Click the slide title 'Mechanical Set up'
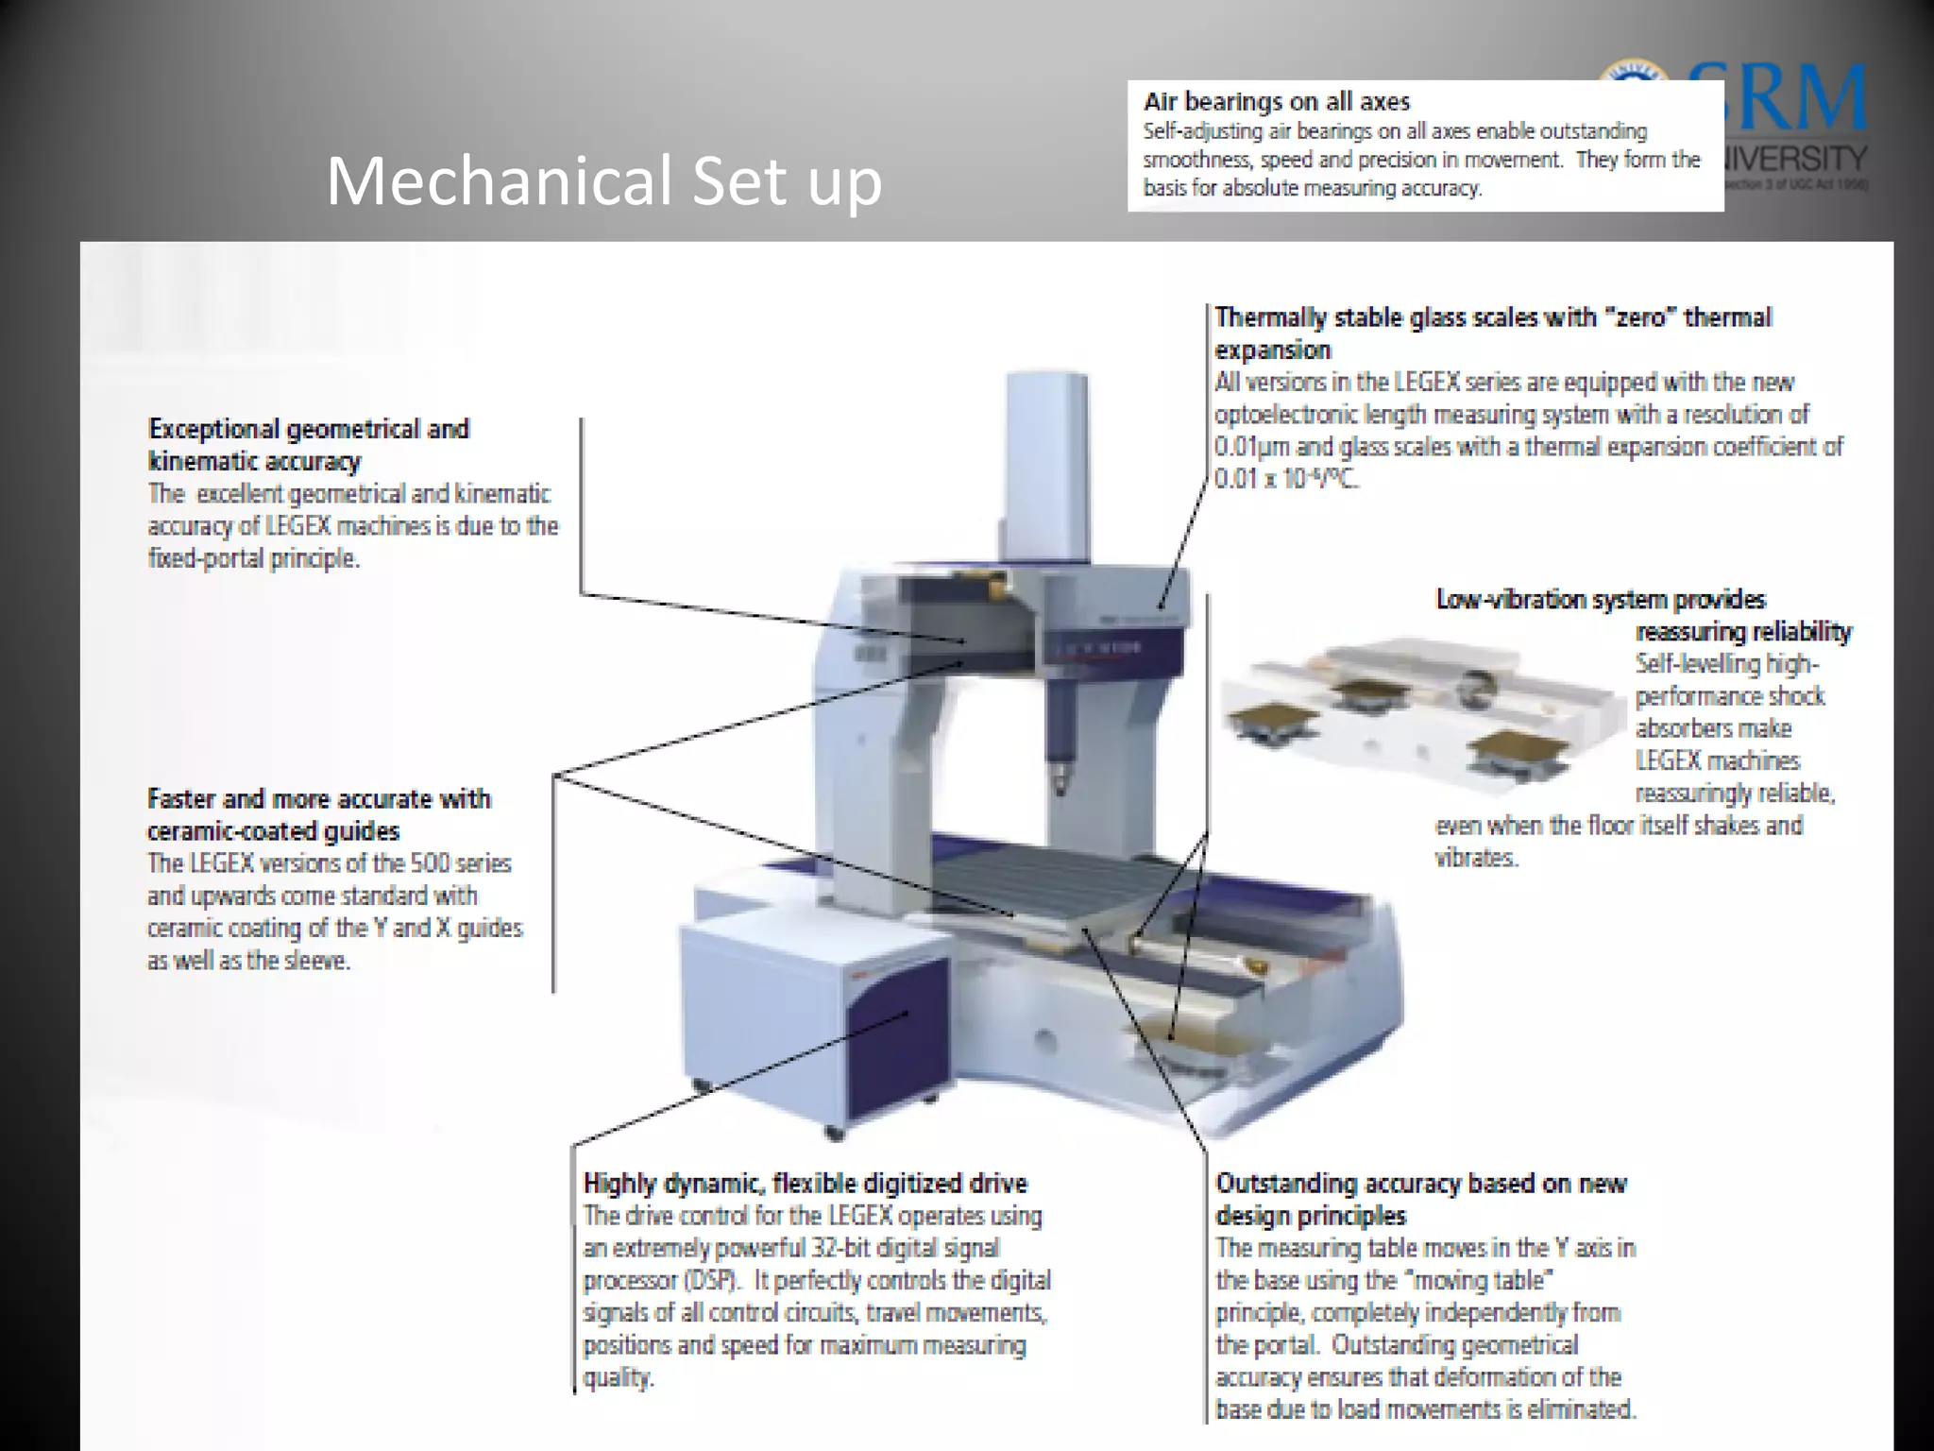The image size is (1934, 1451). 603,180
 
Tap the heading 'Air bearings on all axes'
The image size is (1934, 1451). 1277,102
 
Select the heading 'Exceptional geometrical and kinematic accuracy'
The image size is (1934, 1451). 309,444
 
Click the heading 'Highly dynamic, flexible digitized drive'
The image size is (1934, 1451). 805,1183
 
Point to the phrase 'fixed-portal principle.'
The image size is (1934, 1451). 254,558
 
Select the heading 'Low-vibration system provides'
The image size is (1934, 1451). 1601,599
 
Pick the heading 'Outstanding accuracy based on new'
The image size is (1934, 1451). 1420,1183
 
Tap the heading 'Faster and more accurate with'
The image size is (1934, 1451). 318,799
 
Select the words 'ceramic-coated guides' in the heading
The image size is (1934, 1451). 273,831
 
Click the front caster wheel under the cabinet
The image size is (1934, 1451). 834,1132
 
